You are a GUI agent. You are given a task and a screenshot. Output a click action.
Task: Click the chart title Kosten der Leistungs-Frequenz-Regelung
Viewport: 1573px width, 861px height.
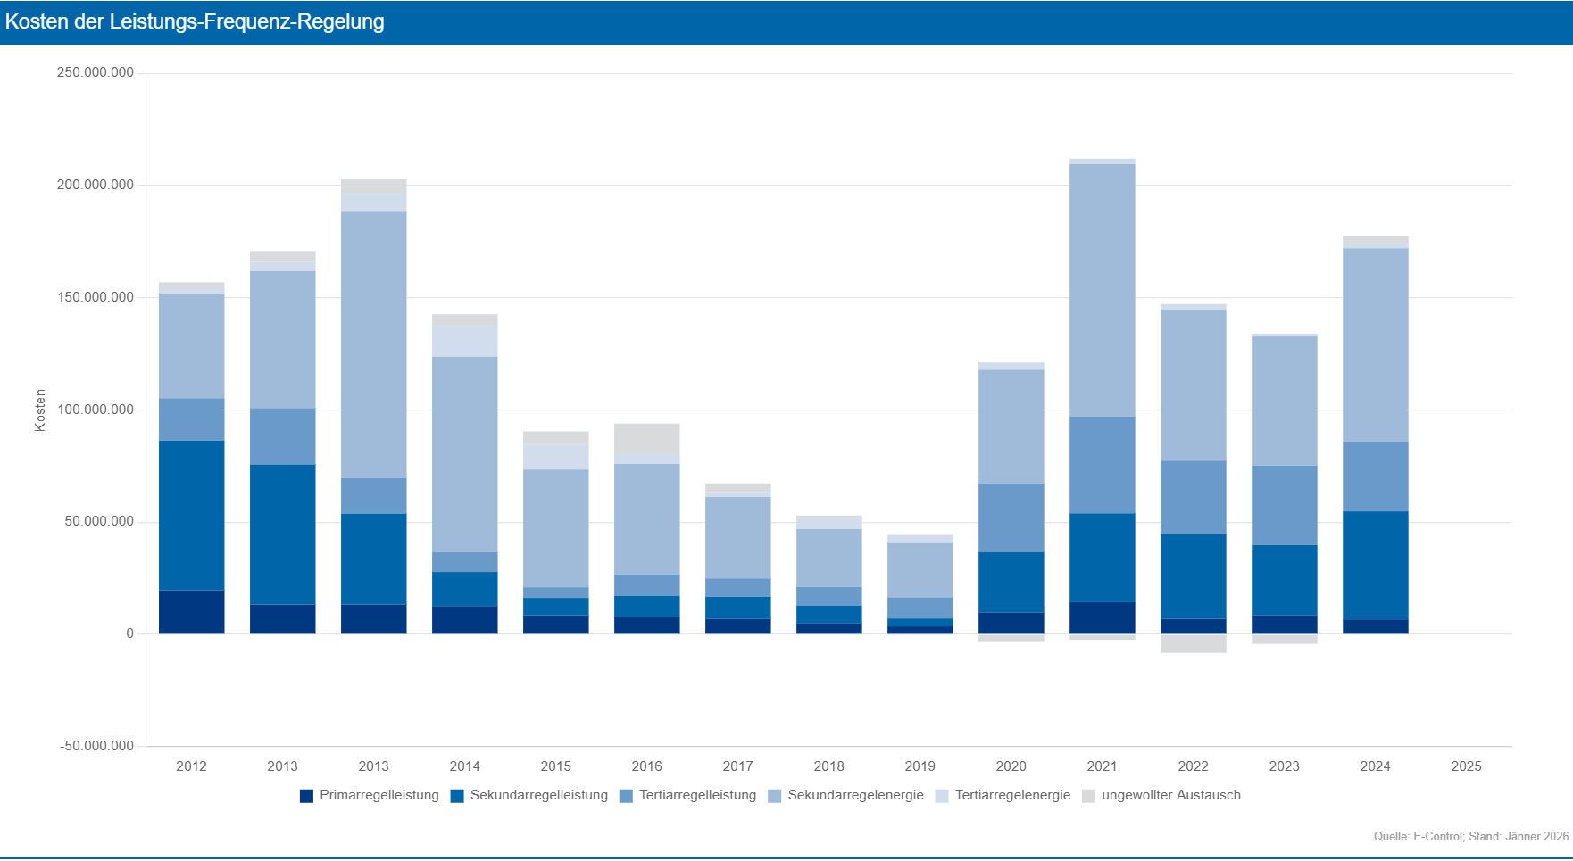195,22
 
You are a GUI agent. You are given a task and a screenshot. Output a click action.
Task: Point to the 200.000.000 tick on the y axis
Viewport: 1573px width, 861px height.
96,185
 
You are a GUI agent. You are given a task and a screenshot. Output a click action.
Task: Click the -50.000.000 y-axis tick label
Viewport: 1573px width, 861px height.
97,746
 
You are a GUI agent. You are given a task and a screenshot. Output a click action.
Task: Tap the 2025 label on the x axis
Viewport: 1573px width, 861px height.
1466,766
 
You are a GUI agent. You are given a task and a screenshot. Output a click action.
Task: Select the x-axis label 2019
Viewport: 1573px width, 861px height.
920,766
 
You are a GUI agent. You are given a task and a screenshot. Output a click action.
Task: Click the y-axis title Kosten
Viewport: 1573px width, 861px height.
40,410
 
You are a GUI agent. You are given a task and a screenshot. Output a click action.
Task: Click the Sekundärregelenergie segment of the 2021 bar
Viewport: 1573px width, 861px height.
1102,290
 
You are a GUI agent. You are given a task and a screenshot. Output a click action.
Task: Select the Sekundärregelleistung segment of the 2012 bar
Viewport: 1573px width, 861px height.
191,515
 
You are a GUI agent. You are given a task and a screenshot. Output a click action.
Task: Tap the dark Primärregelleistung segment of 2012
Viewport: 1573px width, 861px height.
191,612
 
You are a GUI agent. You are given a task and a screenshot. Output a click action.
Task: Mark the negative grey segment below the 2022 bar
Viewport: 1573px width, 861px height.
1193,643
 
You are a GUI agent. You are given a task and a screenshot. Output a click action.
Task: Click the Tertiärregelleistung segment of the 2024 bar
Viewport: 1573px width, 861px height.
1375,476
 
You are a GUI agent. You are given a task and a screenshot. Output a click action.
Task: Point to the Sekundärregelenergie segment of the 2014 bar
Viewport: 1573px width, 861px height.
464,454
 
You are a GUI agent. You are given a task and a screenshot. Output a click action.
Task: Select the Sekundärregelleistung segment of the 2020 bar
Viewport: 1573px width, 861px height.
1011,582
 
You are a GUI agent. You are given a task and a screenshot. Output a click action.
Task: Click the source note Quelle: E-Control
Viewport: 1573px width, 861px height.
1470,836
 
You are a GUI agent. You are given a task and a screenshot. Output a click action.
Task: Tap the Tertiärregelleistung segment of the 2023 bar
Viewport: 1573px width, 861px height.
1284,505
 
